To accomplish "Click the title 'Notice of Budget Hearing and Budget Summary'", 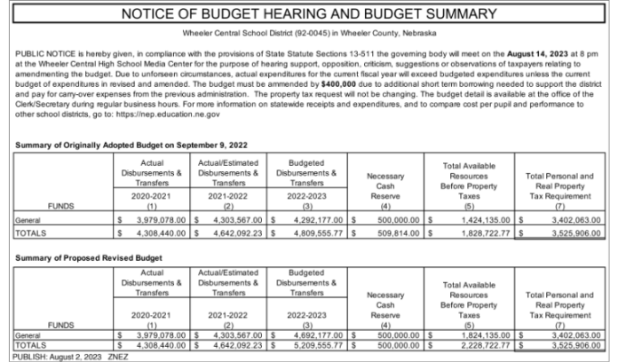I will click(x=308, y=14).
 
